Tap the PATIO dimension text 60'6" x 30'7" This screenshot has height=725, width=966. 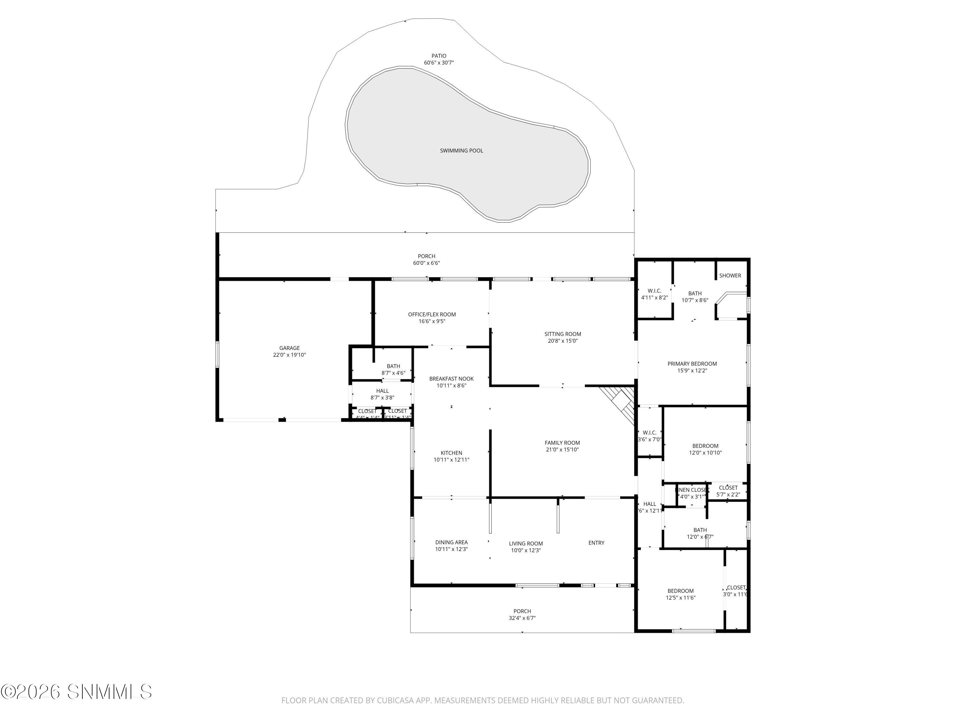point(439,63)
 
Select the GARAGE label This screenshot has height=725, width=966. point(289,348)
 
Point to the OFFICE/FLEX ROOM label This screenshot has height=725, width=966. point(431,314)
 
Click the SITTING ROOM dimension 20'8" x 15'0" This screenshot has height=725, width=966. point(563,341)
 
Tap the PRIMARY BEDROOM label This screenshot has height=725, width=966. point(692,363)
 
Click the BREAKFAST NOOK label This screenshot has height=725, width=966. point(451,379)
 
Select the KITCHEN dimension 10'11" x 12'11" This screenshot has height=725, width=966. point(451,460)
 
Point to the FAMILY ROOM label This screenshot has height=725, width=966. point(562,443)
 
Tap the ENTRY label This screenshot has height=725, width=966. point(596,543)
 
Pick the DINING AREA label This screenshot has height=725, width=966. point(451,542)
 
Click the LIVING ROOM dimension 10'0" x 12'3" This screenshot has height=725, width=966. point(526,551)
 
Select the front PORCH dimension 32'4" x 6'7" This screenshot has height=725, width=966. point(522,618)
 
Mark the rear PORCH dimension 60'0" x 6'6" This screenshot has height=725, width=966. point(426,263)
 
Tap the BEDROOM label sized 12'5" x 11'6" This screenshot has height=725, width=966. point(680,591)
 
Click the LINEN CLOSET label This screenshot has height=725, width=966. point(692,490)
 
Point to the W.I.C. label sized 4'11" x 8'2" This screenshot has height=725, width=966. point(654,291)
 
